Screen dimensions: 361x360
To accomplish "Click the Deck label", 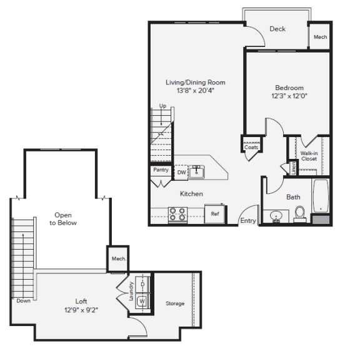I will point(277,29).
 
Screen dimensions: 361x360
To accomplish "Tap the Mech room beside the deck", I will point(320,37).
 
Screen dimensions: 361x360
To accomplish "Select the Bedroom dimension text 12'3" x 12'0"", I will point(289,96).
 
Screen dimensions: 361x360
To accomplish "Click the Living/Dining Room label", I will point(195,82).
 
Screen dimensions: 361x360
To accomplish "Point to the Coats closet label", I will point(251,148).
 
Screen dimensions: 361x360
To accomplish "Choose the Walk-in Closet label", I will point(309,155).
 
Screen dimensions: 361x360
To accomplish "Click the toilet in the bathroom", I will point(299,213).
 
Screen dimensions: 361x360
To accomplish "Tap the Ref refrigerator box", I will point(214,214).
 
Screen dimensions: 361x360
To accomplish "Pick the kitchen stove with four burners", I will point(178,215).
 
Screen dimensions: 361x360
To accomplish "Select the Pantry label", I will point(160,170).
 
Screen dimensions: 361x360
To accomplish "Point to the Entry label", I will point(248,220).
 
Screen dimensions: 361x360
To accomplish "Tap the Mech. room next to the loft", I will point(118,258).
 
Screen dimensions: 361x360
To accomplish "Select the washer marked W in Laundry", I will point(142,300).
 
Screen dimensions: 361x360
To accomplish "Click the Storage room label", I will point(175,303).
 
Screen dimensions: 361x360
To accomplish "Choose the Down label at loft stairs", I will point(23,300).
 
